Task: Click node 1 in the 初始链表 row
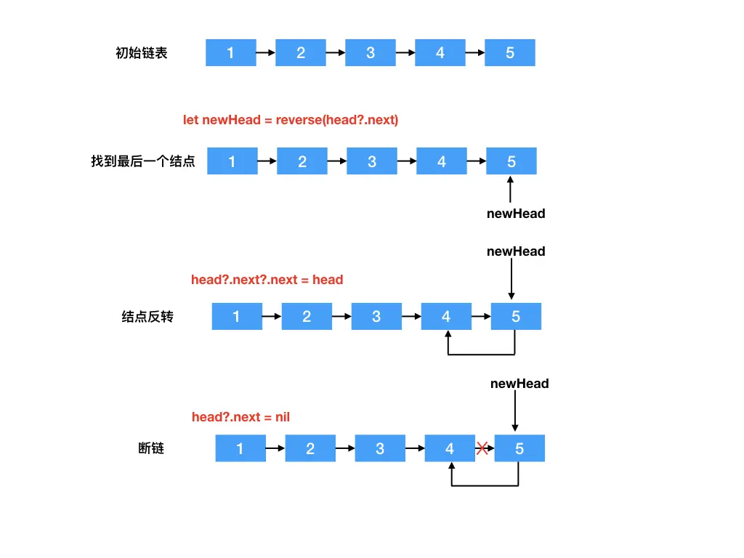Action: click(x=230, y=53)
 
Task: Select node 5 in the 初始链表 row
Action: click(x=509, y=53)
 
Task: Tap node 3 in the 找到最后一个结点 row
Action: click(x=371, y=161)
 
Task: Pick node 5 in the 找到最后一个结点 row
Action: click(x=511, y=161)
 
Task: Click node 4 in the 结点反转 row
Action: click(x=446, y=317)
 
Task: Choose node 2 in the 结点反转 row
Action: click(x=307, y=317)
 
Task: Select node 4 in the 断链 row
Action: click(x=449, y=448)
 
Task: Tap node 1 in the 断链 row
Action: click(x=240, y=448)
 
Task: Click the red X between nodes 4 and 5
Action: click(x=482, y=448)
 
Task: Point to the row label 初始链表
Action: click(x=142, y=53)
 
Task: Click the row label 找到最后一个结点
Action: click(x=143, y=161)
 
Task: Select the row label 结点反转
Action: click(x=147, y=317)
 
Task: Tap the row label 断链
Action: click(x=151, y=448)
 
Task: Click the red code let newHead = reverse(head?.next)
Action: click(x=291, y=120)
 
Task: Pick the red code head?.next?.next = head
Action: click(x=267, y=280)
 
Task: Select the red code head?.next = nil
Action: click(x=240, y=416)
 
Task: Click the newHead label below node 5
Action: click(x=516, y=214)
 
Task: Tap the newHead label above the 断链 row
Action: click(x=519, y=383)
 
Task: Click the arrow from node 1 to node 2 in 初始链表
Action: click(x=266, y=53)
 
